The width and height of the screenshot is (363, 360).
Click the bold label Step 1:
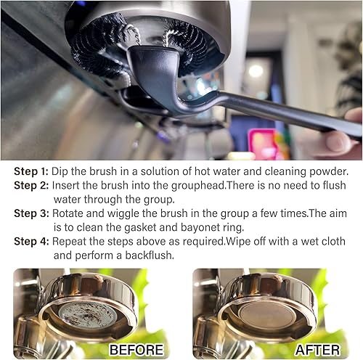coord(32,172)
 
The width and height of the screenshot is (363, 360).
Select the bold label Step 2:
coord(32,186)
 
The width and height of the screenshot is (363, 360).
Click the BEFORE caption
coord(136,350)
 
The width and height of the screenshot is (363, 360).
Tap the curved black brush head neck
coord(156,80)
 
